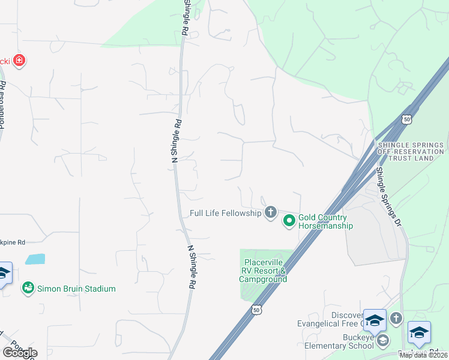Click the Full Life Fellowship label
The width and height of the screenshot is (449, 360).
(x=225, y=212)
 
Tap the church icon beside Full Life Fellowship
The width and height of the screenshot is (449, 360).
(x=271, y=212)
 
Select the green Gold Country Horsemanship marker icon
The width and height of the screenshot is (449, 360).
(x=289, y=221)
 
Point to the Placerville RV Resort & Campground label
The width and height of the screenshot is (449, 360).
(x=264, y=271)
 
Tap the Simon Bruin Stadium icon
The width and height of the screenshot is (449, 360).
(x=28, y=289)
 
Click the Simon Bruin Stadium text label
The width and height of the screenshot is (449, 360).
(x=76, y=289)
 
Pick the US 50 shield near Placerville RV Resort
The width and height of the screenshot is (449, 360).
(x=256, y=310)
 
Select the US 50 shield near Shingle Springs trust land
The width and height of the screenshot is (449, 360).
(x=407, y=119)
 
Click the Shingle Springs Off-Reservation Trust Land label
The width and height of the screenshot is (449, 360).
(x=411, y=151)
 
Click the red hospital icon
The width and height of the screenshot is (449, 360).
(x=19, y=61)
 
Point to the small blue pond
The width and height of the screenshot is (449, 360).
(x=35, y=259)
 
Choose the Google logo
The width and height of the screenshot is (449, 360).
(x=19, y=353)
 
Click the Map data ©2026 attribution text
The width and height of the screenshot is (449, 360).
(x=423, y=355)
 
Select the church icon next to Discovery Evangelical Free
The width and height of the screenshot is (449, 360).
(x=396, y=319)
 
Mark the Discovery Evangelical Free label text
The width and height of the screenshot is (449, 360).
(x=330, y=319)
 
